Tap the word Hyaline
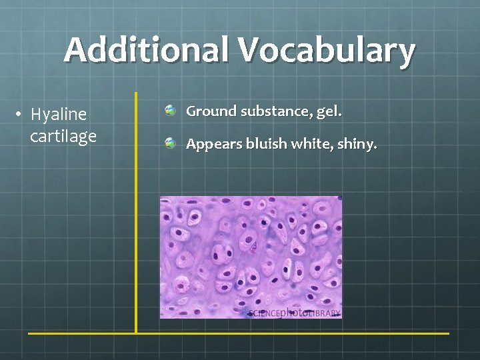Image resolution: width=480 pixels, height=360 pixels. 59,115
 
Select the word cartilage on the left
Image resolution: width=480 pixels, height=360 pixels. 63,137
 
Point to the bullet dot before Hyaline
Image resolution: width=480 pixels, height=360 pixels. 22,115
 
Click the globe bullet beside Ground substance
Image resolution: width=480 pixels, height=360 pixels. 170,111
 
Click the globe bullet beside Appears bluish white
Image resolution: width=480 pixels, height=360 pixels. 170,143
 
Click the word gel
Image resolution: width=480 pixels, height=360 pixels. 329,112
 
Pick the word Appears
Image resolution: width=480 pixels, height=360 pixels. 213,144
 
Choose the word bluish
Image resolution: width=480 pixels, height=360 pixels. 266,143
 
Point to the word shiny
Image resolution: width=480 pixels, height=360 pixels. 358,144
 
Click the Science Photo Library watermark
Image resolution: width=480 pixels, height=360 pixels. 294,312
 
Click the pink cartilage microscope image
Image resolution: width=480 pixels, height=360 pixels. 251,253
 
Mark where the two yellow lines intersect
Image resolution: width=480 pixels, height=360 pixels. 136,333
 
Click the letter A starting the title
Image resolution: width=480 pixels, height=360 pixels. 76,51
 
